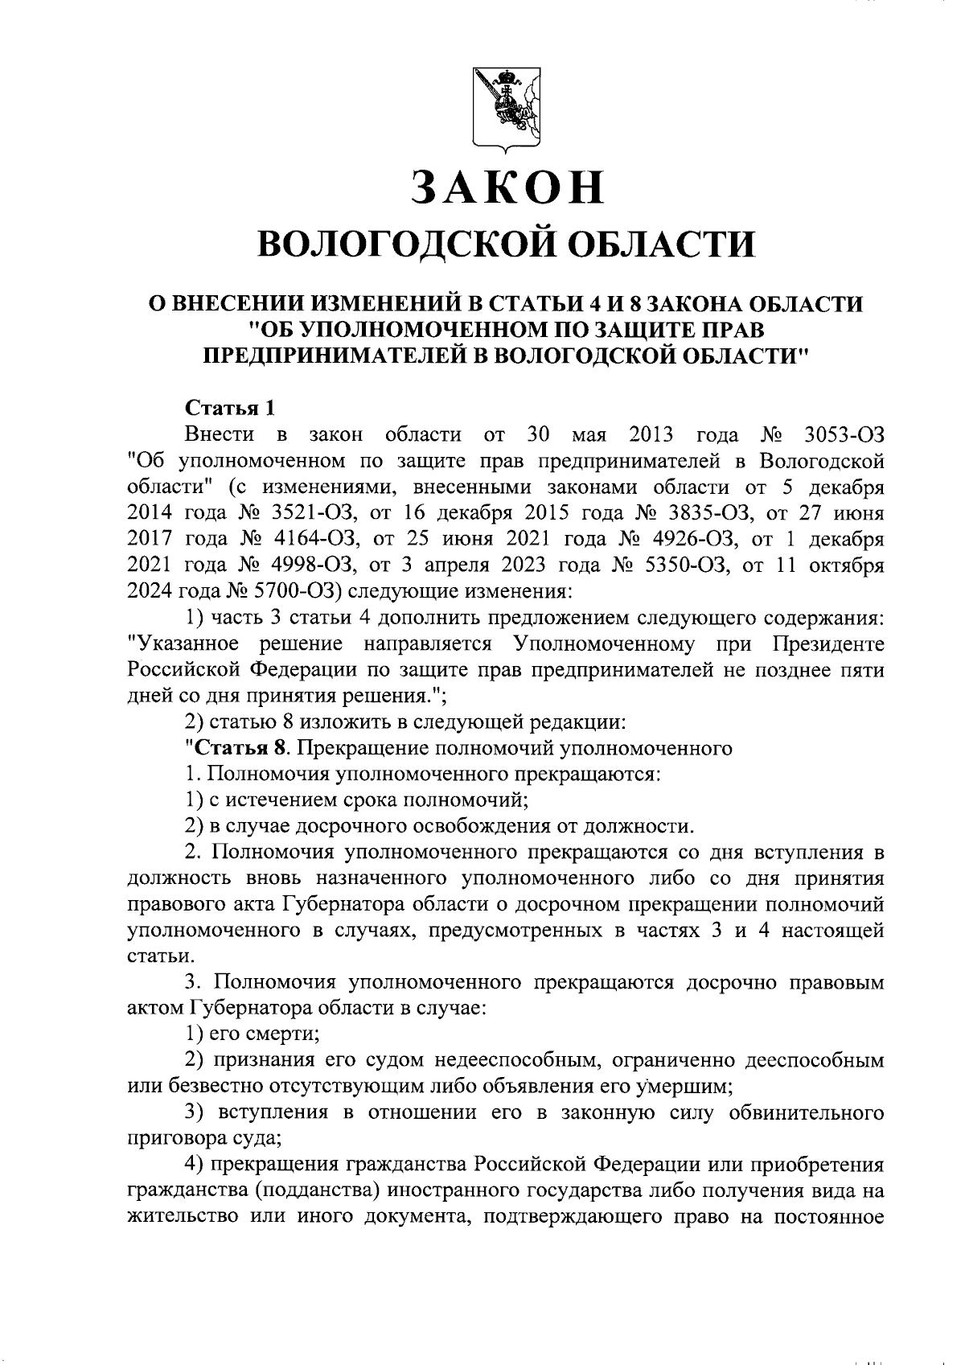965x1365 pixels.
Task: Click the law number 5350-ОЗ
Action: point(684,565)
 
